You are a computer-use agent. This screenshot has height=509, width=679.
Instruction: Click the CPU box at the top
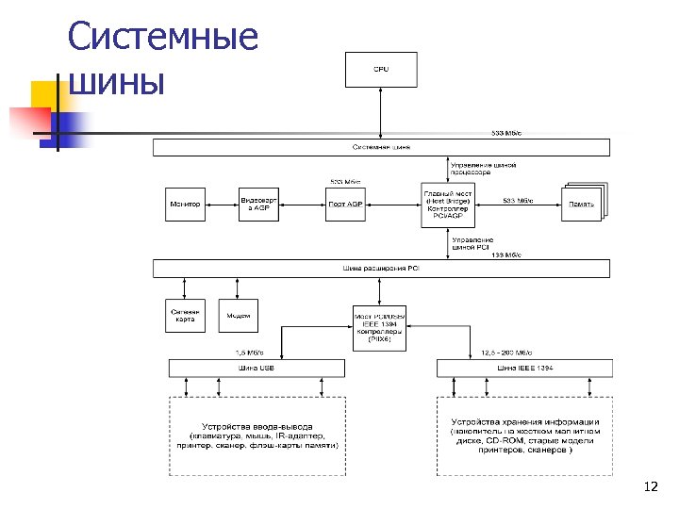coord(381,68)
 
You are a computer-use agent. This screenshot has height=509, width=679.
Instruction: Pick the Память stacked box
coord(583,205)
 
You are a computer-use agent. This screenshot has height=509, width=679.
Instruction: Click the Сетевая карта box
coord(185,317)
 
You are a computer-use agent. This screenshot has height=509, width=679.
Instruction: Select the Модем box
coord(239,317)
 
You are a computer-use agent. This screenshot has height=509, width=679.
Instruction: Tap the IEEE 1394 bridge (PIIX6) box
coord(379,326)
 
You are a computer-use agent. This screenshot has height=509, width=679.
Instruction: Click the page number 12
coord(649,486)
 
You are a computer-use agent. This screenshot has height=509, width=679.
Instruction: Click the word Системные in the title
coord(164,38)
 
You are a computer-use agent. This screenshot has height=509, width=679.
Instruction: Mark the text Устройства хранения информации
coord(525,421)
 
